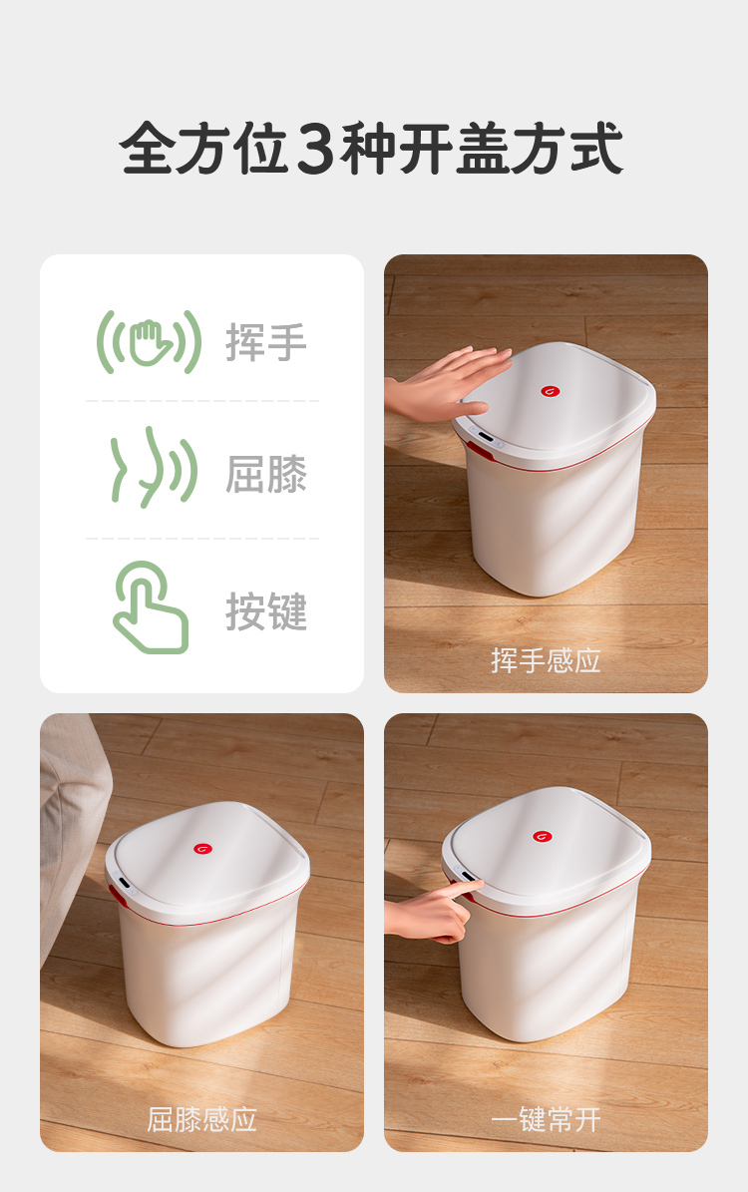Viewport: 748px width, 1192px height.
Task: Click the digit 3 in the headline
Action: pyautogui.click(x=315, y=149)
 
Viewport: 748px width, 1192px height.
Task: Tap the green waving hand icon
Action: pyautogui.click(x=149, y=342)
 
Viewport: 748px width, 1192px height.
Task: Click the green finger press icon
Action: pyautogui.click(x=151, y=607)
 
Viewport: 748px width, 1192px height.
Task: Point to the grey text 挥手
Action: pyautogui.click(x=266, y=342)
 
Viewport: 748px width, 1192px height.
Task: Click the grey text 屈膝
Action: pyautogui.click(x=266, y=475)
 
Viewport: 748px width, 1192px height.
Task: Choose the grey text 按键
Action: pyautogui.click(x=266, y=611)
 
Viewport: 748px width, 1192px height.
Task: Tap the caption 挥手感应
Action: pyautogui.click(x=546, y=660)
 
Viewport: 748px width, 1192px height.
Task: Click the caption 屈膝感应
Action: pyautogui.click(x=201, y=1120)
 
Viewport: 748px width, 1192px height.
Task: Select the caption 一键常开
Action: pyautogui.click(x=546, y=1120)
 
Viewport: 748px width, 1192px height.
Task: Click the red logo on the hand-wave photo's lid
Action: pyautogui.click(x=551, y=391)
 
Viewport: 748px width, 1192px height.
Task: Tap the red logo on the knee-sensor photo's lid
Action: pyautogui.click(x=202, y=849)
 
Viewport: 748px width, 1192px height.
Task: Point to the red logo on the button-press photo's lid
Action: pyautogui.click(x=542, y=836)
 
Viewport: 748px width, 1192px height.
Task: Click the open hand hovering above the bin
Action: pyautogui.click(x=445, y=384)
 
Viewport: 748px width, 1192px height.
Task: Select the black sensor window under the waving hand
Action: pyautogui.click(x=485, y=436)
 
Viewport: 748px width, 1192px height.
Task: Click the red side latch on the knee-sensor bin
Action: pyautogui.click(x=117, y=895)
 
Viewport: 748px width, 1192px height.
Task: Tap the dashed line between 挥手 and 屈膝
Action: pyautogui.click(x=202, y=401)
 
